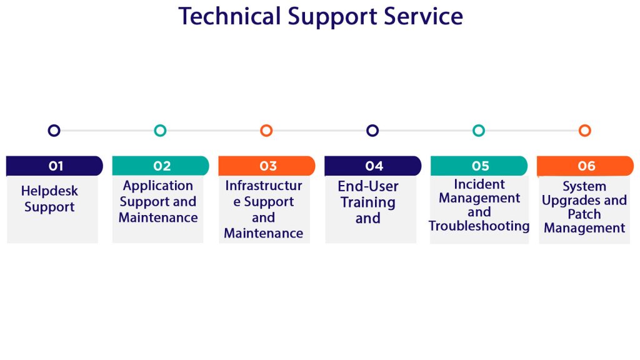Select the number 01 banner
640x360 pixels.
tap(54, 166)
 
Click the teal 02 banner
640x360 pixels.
tap(161, 166)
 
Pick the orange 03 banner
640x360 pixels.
tap(267, 166)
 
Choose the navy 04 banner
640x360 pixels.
tap(373, 166)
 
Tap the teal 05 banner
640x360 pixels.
tap(479, 166)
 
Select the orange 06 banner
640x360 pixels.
tap(586, 166)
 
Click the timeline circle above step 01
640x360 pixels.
tap(54, 131)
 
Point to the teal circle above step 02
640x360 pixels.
tap(160, 131)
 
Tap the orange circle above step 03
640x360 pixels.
tap(266, 131)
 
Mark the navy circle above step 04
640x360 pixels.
tap(372, 131)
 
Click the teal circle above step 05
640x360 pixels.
tap(479, 131)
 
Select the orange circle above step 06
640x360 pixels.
tap(585, 131)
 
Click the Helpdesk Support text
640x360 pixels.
tap(49, 199)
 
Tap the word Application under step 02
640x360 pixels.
tap(158, 186)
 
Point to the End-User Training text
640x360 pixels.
tap(368, 194)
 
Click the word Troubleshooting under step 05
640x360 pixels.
tap(479, 226)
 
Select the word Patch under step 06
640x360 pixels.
tap(584, 214)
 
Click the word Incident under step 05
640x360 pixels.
tap(479, 184)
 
